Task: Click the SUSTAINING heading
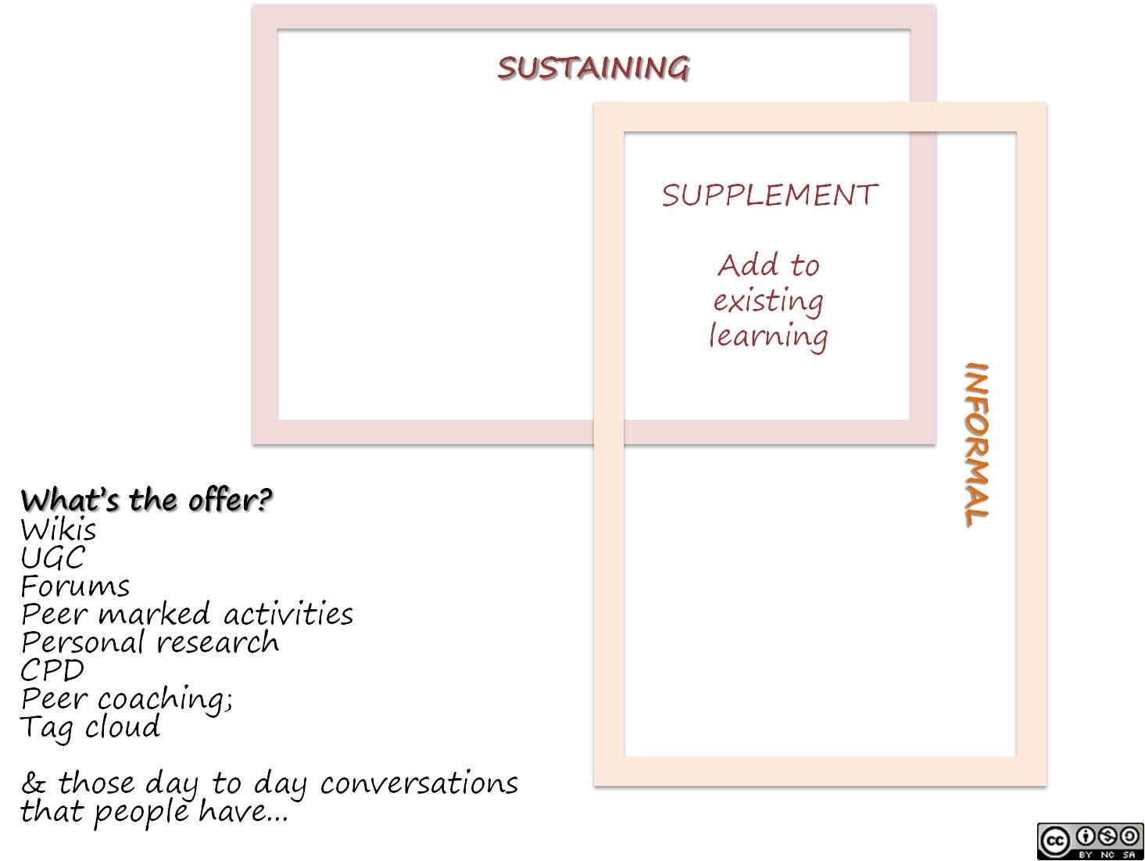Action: point(593,68)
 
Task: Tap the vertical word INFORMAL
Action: point(977,443)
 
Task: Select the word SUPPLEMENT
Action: point(770,195)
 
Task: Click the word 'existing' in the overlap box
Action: point(768,301)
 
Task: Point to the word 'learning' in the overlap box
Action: point(768,336)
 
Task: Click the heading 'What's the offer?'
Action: point(146,500)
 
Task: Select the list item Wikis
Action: point(59,530)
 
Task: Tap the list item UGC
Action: point(52,558)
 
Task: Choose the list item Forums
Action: point(75,587)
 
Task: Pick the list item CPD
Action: point(52,671)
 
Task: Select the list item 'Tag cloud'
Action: point(90,728)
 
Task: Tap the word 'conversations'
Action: point(419,784)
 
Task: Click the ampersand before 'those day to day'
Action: point(33,783)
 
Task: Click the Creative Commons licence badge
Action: point(1090,841)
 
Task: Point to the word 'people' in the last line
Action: point(141,813)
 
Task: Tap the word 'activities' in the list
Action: point(288,615)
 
